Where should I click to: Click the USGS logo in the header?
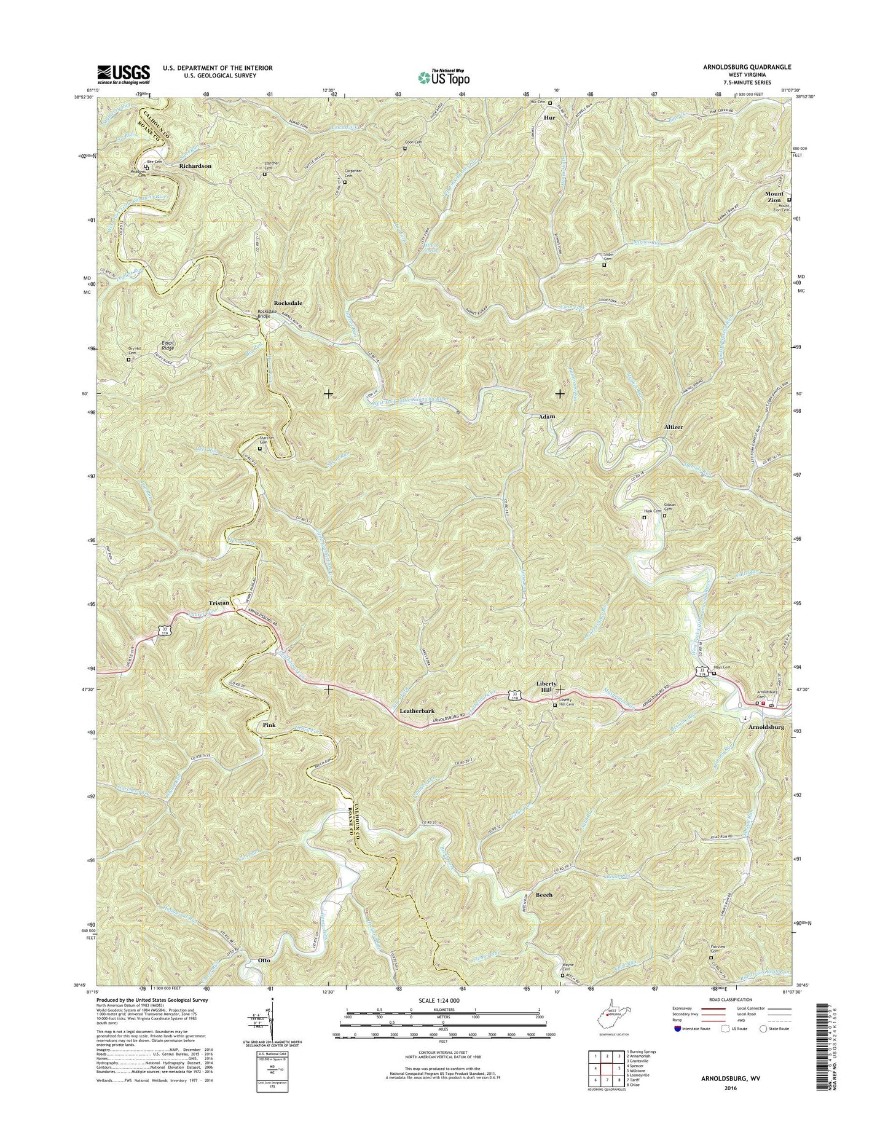tap(124, 74)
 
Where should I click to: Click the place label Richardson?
tap(195, 166)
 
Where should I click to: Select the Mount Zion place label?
tap(774, 197)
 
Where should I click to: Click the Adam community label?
tap(547, 417)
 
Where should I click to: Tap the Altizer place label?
tap(674, 426)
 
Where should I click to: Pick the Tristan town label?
tap(218, 603)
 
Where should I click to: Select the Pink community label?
tap(269, 725)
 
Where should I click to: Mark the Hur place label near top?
tap(550, 116)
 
